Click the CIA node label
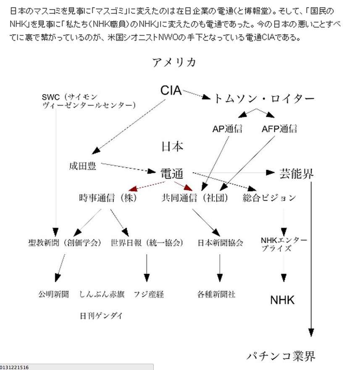tap(171, 90)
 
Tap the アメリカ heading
tap(174, 62)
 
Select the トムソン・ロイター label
tap(264, 98)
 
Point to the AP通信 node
tap(227, 129)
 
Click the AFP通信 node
tap(279, 129)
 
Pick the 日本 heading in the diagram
tap(172, 147)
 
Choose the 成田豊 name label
tap(83, 166)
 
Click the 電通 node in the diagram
tap(172, 174)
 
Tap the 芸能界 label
tap(297, 174)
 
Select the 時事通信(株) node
tap(108, 198)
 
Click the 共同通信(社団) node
tap(195, 198)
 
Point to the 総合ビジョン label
tap(269, 198)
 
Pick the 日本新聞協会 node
tap(220, 243)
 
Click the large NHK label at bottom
tap(282, 300)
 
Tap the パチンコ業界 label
tap(281, 356)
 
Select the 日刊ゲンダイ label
tap(101, 316)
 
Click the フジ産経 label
tap(149, 294)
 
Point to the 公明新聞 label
tap(54, 294)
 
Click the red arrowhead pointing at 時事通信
tap(133, 188)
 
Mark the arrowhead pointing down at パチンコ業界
tap(311, 333)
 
